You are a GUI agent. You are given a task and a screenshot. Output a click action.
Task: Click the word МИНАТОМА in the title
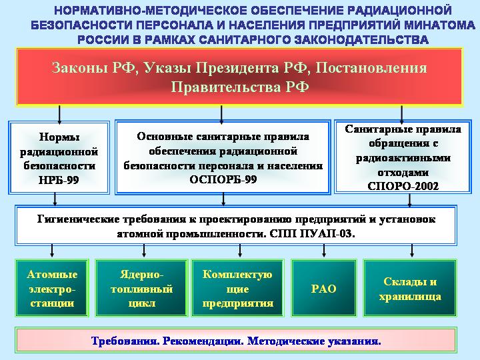tap(439, 25)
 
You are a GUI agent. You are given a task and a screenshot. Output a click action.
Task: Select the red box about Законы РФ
tap(239, 77)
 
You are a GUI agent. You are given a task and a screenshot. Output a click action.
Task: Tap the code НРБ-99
tap(59, 180)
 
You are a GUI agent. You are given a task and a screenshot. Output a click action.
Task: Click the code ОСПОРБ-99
tap(223, 179)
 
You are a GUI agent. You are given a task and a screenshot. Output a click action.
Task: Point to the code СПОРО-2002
tap(403, 186)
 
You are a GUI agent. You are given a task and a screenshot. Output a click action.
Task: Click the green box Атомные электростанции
tap(52, 288)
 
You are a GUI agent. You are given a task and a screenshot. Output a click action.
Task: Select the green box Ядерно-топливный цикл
tap(141, 288)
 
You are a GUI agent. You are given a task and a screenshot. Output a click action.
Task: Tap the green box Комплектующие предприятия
tap(237, 288)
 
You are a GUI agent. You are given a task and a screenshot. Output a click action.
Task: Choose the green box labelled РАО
tap(324, 288)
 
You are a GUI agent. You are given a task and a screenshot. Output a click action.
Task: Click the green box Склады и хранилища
tap(410, 288)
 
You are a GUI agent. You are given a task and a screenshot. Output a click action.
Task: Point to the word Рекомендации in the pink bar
tap(203, 341)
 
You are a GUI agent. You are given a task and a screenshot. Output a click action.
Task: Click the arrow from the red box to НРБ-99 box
tap(59, 115)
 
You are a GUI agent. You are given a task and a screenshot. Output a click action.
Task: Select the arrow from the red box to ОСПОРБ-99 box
tap(221, 115)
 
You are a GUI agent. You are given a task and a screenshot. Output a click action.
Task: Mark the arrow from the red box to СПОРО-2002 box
tap(401, 115)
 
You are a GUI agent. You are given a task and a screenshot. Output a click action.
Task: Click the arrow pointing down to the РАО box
tap(324, 251)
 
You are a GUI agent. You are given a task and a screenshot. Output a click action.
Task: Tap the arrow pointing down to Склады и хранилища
tap(412, 251)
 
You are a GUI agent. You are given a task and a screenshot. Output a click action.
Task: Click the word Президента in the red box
tap(238, 67)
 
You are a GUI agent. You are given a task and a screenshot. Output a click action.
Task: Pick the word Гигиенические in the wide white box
tap(79, 219)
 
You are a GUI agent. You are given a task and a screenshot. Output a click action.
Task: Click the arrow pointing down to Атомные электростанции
tap(52, 251)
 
